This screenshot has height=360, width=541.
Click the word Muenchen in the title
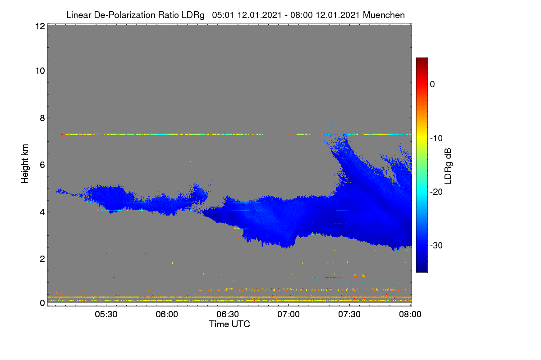384,15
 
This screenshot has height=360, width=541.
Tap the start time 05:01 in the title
223,15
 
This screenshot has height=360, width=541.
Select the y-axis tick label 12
40,26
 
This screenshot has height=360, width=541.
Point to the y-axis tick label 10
40,71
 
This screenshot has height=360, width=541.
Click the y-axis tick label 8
42,118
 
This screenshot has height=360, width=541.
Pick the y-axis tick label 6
42,165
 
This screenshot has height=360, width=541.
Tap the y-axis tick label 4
42,212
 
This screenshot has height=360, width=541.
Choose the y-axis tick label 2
42,259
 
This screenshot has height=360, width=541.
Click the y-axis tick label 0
42,303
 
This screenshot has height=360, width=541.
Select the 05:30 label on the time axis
106,315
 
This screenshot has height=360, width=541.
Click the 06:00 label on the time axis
167,315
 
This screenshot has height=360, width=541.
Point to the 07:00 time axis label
289,315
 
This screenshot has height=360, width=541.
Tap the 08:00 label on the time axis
410,315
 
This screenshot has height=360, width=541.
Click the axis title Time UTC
229,324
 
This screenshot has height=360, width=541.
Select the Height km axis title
25,164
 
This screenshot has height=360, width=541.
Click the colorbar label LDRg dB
448,166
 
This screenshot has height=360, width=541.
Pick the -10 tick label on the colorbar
436,139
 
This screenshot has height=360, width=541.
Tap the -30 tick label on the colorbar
436,245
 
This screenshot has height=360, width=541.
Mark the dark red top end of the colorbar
422,58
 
